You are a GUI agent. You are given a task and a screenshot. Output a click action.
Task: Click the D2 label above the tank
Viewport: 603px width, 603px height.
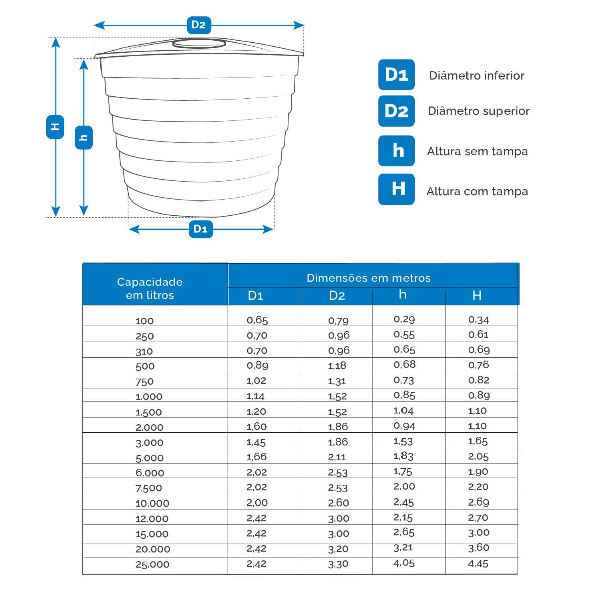[198, 25]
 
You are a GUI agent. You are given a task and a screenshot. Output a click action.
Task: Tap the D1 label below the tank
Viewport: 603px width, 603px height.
[200, 229]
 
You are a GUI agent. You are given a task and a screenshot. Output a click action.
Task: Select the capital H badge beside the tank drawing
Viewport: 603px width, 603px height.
[55, 127]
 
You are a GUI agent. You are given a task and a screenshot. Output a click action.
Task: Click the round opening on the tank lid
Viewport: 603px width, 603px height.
[199, 44]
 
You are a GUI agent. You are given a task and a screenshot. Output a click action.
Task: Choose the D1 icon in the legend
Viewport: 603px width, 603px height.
[396, 75]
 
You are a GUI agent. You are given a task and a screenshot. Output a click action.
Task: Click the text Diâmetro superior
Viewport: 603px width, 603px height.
[478, 111]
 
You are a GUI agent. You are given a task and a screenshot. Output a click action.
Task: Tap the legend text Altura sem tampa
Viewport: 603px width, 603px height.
[477, 151]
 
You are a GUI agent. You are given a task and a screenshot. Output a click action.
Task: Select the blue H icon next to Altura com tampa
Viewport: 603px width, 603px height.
[396, 189]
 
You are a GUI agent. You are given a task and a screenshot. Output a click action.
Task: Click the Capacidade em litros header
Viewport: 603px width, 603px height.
[150, 288]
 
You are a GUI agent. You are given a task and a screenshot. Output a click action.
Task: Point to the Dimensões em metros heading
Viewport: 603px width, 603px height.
[368, 278]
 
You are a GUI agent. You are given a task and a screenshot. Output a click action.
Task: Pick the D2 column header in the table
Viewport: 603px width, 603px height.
[337, 296]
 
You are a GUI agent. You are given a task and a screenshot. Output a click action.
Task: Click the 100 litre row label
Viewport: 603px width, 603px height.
[144, 321]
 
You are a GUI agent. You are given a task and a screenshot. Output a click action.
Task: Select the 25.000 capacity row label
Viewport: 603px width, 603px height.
[152, 564]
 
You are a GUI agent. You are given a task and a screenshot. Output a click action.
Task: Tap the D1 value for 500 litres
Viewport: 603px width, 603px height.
[257, 366]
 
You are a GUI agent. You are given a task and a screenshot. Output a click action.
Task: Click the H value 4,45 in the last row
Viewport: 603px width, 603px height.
[478, 564]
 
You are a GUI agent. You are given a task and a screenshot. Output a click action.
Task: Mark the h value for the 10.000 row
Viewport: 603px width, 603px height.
[404, 502]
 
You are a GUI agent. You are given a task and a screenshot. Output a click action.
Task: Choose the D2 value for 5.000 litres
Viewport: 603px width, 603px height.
[337, 457]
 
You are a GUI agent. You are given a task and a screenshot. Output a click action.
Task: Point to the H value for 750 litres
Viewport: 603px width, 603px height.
[478, 380]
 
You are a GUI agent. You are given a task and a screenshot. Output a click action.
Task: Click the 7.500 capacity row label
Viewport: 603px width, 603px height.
[149, 488]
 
